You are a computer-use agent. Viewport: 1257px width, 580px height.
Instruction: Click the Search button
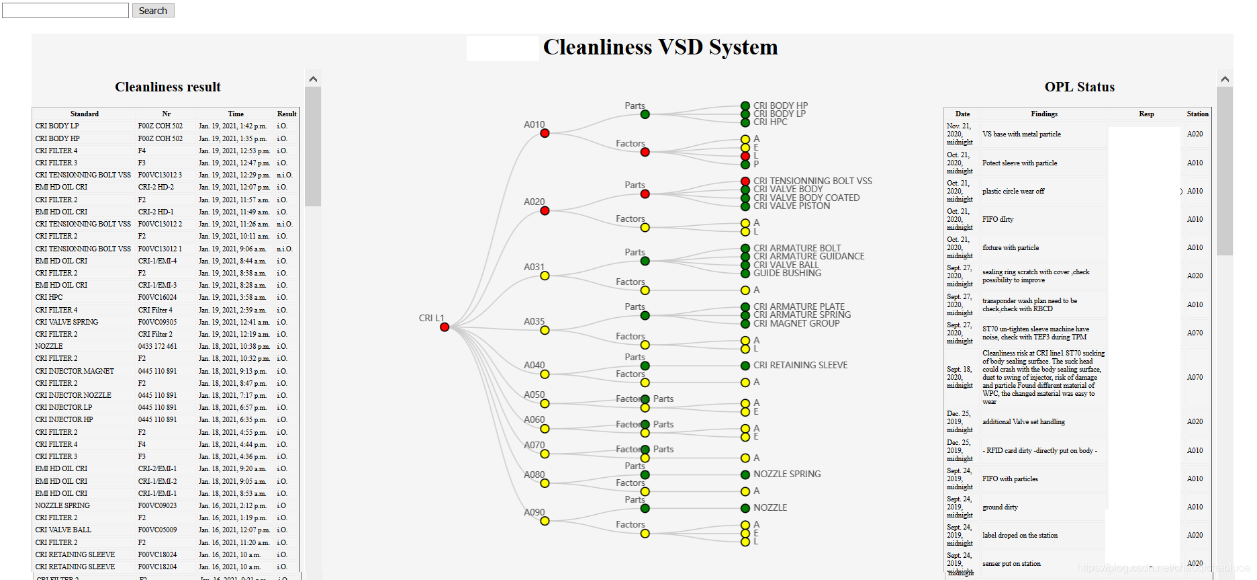tap(153, 11)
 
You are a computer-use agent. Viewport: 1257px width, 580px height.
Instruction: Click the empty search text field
tap(65, 11)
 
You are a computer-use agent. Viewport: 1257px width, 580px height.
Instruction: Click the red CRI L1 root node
tap(445, 327)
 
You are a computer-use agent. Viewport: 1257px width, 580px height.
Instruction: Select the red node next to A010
tap(545, 134)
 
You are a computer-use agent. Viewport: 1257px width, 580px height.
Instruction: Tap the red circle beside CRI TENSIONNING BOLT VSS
tap(745, 181)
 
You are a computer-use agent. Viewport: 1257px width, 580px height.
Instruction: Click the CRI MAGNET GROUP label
tap(796, 323)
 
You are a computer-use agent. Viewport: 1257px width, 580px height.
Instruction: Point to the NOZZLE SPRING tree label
tap(787, 474)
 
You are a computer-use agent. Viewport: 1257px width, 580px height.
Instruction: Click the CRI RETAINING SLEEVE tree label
tap(800, 365)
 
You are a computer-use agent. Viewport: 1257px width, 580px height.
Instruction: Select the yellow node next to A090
tap(545, 521)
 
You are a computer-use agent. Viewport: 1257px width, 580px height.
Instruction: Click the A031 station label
tap(534, 267)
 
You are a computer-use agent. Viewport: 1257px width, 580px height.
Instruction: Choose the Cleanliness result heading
tap(168, 87)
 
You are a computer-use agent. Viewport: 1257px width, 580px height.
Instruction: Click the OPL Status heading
tap(1079, 87)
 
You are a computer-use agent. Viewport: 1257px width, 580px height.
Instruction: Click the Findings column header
tap(1044, 114)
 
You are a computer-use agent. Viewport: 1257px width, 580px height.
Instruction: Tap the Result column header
tap(287, 114)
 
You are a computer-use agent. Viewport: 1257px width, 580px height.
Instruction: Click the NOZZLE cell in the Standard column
tap(49, 346)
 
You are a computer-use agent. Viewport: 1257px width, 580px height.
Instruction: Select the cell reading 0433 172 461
tap(158, 346)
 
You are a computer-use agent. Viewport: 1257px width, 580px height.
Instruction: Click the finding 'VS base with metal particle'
tap(1021, 134)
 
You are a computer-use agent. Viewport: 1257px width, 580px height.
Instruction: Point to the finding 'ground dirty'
tap(1000, 507)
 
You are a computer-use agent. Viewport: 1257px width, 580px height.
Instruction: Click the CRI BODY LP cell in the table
tap(57, 126)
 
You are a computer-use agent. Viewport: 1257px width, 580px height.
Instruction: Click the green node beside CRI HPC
tap(745, 122)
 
